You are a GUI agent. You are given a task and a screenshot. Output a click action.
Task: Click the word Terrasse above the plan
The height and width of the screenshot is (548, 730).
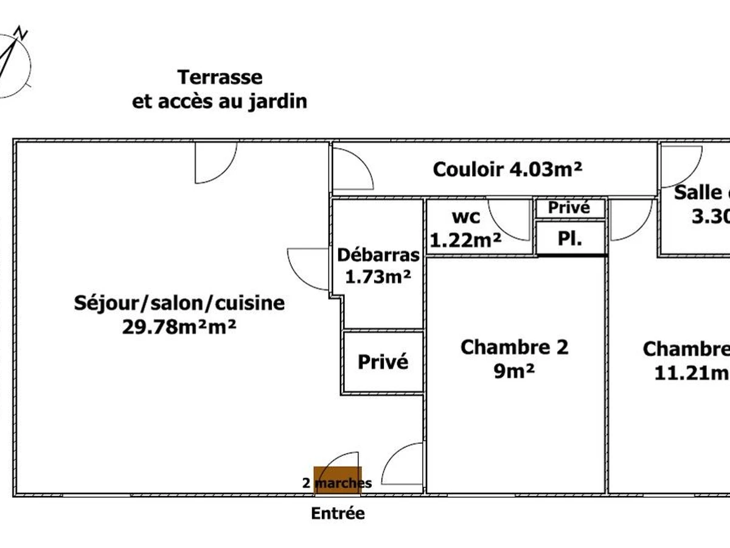click(220, 78)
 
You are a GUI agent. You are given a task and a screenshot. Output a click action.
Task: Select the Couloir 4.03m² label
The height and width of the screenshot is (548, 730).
click(507, 169)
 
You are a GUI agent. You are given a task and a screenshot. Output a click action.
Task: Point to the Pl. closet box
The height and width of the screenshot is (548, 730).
click(570, 238)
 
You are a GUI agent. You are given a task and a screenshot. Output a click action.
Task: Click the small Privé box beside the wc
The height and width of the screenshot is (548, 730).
click(569, 208)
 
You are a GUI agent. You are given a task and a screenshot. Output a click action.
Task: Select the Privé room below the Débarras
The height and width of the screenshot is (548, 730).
click(383, 362)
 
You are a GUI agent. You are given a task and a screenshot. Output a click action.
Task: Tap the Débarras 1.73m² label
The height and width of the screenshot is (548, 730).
click(378, 266)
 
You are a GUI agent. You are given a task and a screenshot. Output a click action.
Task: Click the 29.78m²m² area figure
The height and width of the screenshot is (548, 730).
click(179, 327)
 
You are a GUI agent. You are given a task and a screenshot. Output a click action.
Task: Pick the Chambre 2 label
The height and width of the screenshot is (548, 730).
click(515, 348)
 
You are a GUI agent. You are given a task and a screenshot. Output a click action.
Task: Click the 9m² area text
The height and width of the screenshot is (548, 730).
click(515, 371)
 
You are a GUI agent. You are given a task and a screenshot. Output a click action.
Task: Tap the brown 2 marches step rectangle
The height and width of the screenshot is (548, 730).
click(338, 480)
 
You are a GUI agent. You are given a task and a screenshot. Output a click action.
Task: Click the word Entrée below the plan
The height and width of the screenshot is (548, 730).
click(338, 513)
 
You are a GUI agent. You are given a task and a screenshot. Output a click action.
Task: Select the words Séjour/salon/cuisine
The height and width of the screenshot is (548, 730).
click(179, 303)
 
